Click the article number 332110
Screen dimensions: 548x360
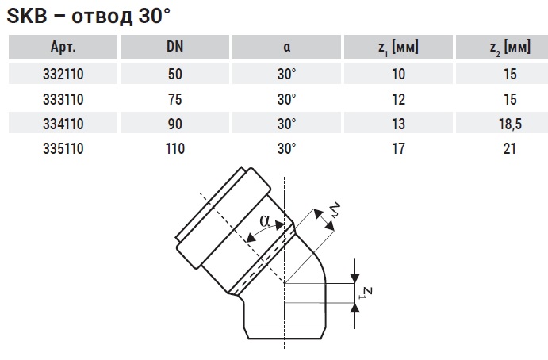click(x=63, y=74)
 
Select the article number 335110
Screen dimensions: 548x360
click(x=63, y=148)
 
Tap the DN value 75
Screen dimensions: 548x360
click(x=174, y=99)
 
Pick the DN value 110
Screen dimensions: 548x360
click(x=174, y=148)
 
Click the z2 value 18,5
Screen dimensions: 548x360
click(x=510, y=124)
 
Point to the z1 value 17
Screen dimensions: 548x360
click(x=398, y=148)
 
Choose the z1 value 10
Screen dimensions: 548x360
click(x=398, y=74)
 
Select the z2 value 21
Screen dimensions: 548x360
click(x=510, y=148)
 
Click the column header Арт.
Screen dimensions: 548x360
click(x=63, y=47)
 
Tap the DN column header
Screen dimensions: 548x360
click(x=174, y=47)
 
